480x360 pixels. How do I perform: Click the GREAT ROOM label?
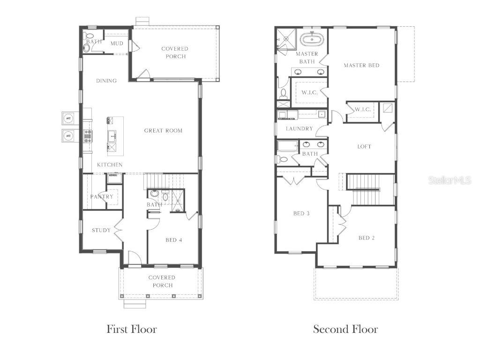point(163,131)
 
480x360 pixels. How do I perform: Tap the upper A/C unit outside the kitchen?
point(68,118)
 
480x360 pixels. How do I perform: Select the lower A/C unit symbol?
point(68,135)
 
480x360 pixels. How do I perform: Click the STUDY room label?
point(101,230)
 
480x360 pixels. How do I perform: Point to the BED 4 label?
point(173,240)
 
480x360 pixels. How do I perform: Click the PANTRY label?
point(102,197)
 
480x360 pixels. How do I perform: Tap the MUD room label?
point(117,44)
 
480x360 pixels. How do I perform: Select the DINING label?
point(106,81)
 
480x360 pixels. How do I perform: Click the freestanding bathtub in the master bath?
point(310,38)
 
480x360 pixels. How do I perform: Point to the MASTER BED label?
point(361,65)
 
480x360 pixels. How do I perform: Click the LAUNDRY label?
point(299,129)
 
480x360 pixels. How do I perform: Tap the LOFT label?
point(364,147)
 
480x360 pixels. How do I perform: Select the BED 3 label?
point(301,214)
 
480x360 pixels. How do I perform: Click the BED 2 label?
point(367,238)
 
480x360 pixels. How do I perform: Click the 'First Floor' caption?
point(132,329)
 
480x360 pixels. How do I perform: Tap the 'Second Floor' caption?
point(345,329)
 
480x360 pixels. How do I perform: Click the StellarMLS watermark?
point(449,180)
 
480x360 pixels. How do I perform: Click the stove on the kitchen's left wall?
point(88,135)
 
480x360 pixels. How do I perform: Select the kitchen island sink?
point(112,136)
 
